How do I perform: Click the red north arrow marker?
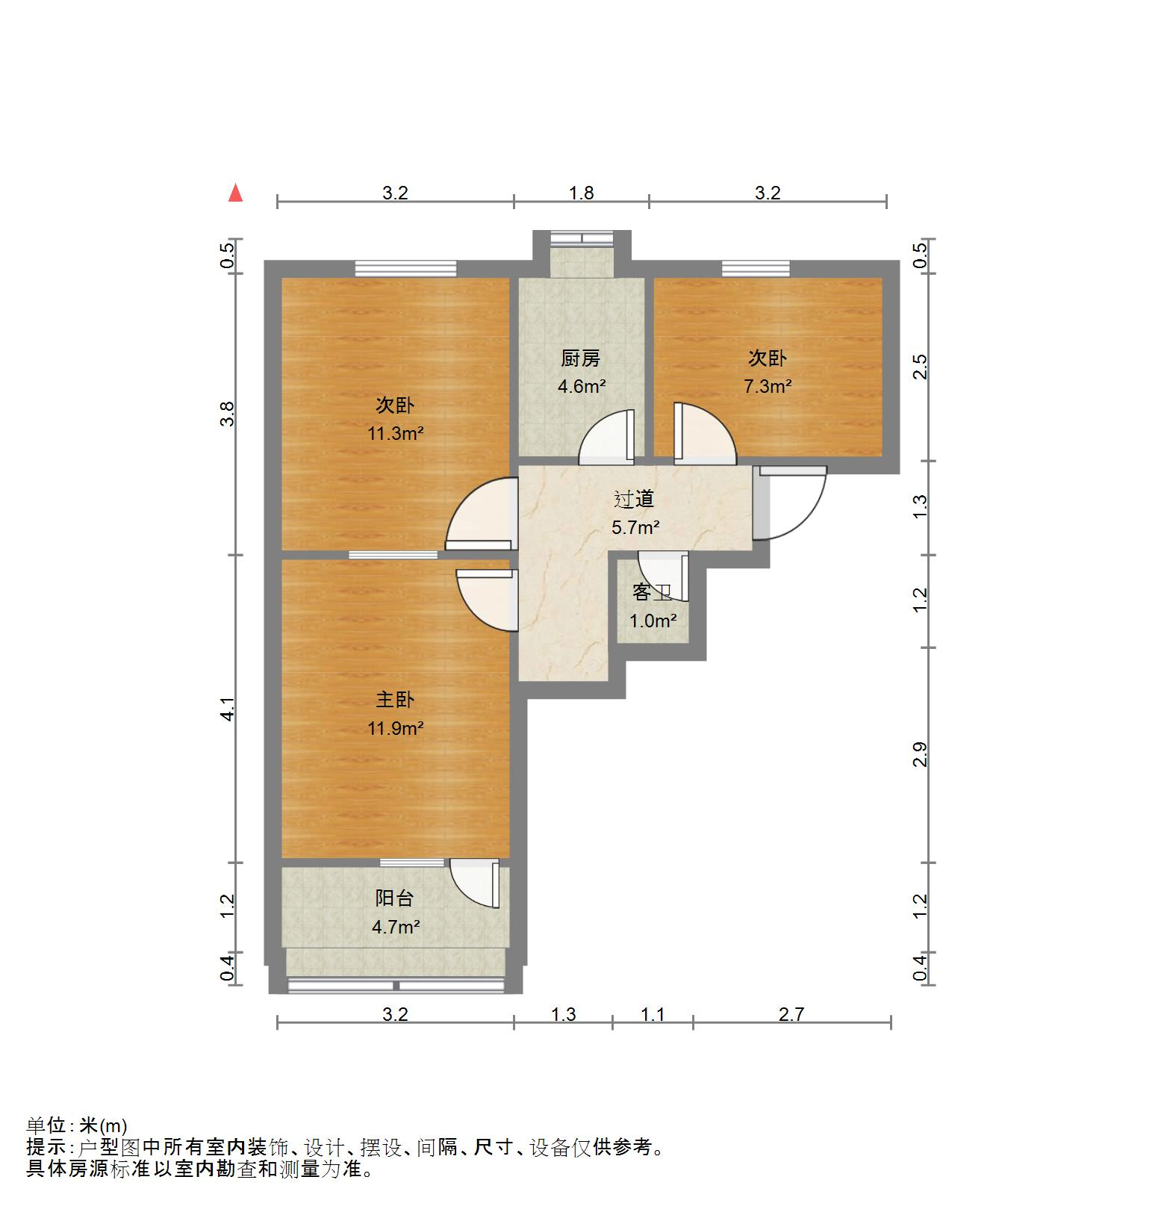coord(236,193)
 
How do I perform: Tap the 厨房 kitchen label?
coord(581,359)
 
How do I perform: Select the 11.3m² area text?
coord(395,433)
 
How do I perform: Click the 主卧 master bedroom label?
coord(395,700)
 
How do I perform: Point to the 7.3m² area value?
coord(768,386)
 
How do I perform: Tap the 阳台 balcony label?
coord(395,898)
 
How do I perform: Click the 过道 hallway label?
coord(635,498)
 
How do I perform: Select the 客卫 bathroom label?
coord(653,593)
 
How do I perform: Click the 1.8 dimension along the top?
coord(582,193)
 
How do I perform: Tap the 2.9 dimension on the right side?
coord(921,754)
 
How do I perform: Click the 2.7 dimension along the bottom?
coord(791,1014)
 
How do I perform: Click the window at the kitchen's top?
coord(582,238)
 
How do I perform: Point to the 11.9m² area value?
coord(395,727)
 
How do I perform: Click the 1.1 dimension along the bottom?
coord(653,1014)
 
